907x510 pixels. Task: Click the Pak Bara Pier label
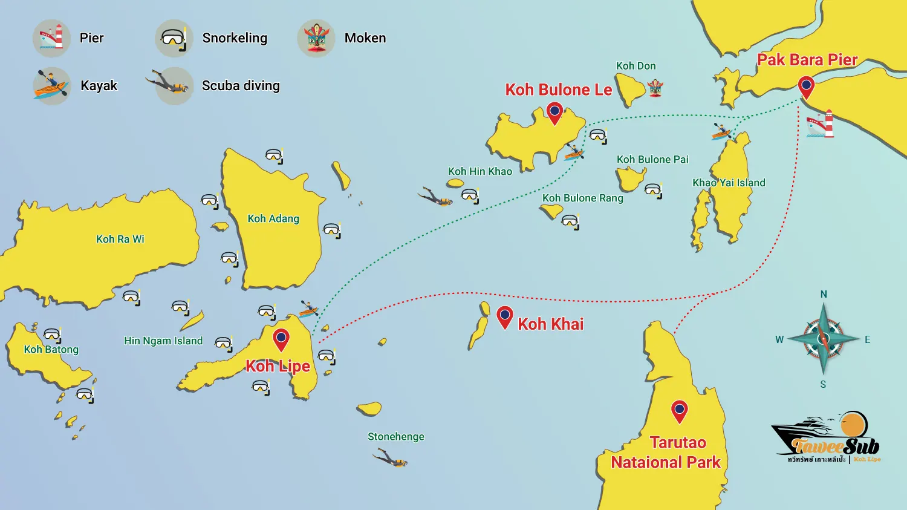pyautogui.click(x=807, y=60)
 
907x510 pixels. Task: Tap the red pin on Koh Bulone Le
pyautogui.click(x=554, y=113)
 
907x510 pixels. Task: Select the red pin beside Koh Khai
pyautogui.click(x=505, y=316)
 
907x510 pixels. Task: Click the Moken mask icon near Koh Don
pyautogui.click(x=655, y=89)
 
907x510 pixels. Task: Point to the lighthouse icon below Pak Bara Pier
pyautogui.click(x=821, y=124)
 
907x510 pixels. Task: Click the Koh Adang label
pyautogui.click(x=273, y=218)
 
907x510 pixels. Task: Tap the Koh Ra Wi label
pyautogui.click(x=120, y=239)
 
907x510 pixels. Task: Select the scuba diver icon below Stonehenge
pyautogui.click(x=391, y=458)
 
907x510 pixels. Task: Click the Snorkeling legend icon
pyautogui.click(x=174, y=38)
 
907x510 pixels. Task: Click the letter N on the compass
pyautogui.click(x=824, y=294)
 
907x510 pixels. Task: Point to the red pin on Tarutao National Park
pyautogui.click(x=680, y=411)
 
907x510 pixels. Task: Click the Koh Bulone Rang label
pyautogui.click(x=582, y=198)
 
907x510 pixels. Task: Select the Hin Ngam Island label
pyautogui.click(x=163, y=341)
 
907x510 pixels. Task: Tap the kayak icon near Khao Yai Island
pyautogui.click(x=721, y=131)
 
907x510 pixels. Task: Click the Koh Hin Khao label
pyautogui.click(x=480, y=171)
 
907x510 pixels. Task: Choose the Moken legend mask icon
pyautogui.click(x=316, y=38)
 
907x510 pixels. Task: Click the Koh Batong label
pyautogui.click(x=51, y=349)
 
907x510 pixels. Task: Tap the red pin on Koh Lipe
pyautogui.click(x=281, y=339)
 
